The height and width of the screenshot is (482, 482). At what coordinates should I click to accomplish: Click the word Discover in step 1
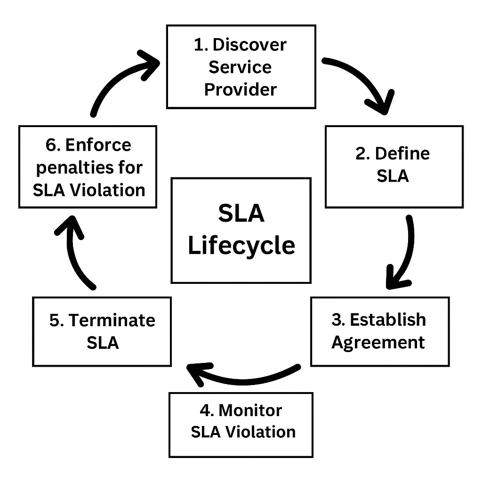click(x=249, y=45)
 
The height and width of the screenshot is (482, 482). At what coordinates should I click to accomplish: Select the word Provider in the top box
click(x=241, y=89)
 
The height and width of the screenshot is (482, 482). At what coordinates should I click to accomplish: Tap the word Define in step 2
click(x=402, y=154)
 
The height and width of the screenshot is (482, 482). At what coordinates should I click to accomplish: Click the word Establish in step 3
click(x=388, y=320)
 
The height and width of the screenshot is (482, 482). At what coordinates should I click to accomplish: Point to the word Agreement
click(x=378, y=342)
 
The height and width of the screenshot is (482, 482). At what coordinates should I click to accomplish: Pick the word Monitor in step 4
click(x=250, y=410)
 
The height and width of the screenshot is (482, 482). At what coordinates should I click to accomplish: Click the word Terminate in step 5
click(x=112, y=321)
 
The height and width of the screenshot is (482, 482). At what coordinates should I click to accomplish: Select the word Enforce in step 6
click(x=98, y=145)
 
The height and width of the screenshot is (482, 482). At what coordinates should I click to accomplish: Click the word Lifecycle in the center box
click(x=241, y=246)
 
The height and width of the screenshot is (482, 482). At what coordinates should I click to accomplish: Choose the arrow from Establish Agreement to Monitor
click(x=240, y=374)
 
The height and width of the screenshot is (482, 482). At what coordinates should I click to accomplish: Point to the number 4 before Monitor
click(x=205, y=410)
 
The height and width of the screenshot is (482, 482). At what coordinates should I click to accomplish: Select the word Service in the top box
click(x=240, y=67)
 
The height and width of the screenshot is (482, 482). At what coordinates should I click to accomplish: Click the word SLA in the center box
click(x=241, y=214)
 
